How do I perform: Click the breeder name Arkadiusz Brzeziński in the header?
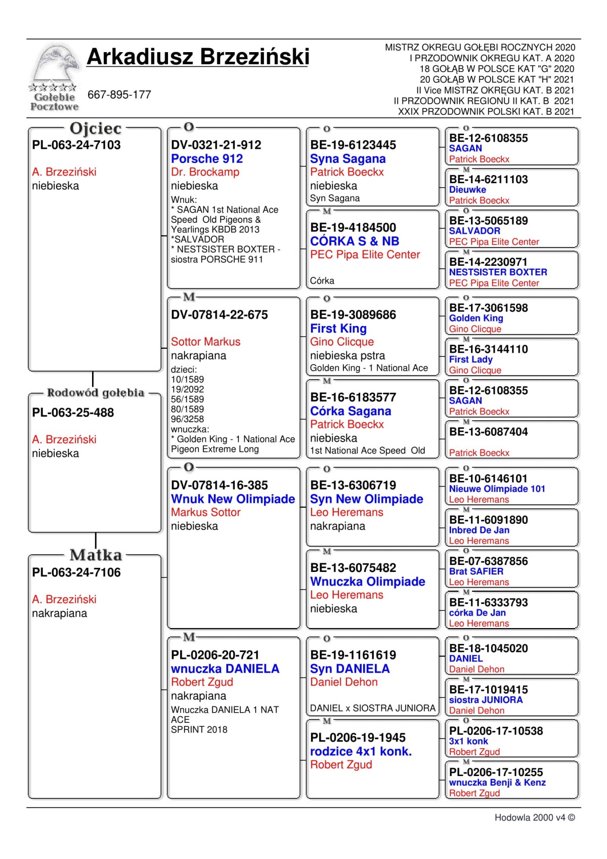(198, 57)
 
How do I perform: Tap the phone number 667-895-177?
(119, 95)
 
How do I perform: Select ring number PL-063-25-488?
(73, 413)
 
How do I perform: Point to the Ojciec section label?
(96, 129)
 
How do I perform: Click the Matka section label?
(96, 555)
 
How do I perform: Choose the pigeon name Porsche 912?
(207, 158)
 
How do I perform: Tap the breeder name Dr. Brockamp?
(205, 172)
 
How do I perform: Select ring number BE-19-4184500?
(353, 228)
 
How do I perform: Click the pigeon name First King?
(338, 329)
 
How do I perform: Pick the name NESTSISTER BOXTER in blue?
(498, 272)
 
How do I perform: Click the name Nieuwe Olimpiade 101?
(497, 489)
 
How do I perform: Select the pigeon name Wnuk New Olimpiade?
(233, 499)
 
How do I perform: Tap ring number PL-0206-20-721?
(215, 655)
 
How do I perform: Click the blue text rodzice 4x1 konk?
(361, 751)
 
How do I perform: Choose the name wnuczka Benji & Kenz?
(497, 783)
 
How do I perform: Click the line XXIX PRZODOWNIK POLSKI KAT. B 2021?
(486, 112)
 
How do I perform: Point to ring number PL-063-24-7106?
(76, 572)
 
